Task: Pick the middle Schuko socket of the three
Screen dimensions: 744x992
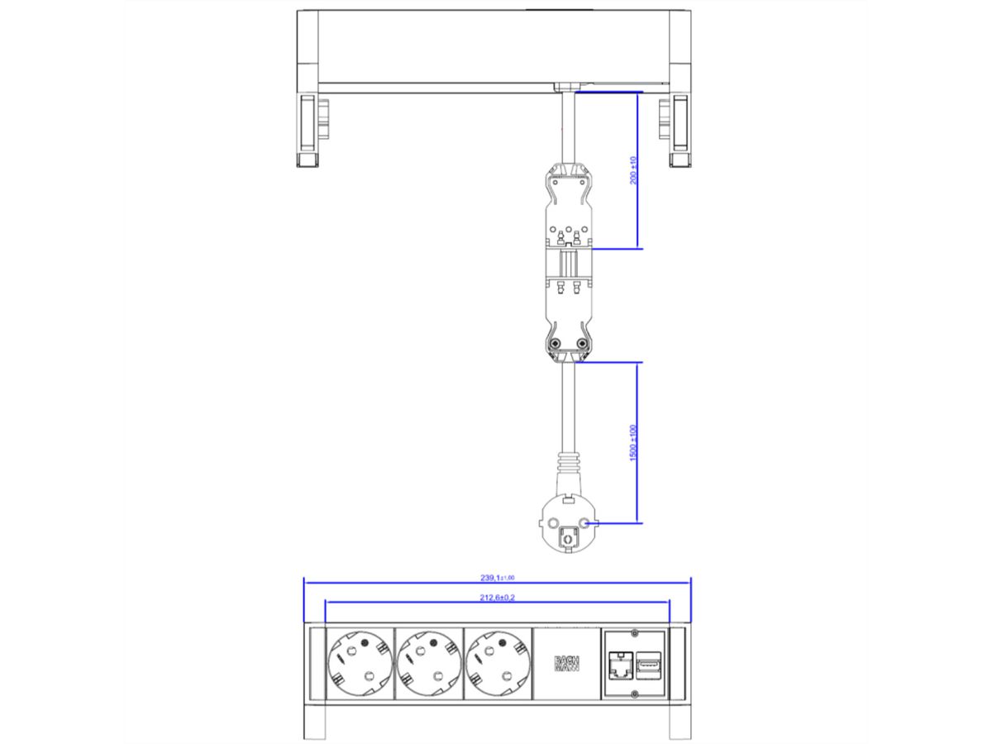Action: [428, 665]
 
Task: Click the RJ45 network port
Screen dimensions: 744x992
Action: [618, 665]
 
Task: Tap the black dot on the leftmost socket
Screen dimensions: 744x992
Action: [363, 642]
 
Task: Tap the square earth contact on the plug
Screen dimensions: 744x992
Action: [567, 537]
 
